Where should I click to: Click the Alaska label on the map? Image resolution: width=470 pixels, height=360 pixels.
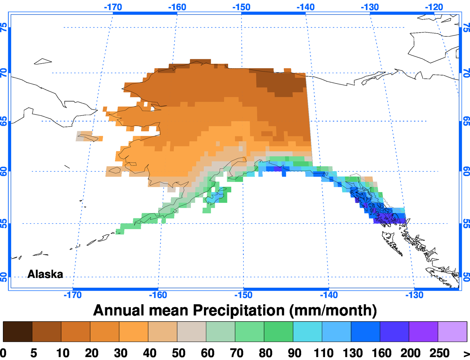point(45,274)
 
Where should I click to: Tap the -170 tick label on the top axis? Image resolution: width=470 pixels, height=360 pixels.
point(113,7)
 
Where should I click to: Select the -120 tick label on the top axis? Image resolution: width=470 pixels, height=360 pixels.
point(434,7)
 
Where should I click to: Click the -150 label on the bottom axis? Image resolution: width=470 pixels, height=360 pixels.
point(243,295)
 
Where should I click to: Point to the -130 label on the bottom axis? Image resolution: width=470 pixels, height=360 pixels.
point(414,295)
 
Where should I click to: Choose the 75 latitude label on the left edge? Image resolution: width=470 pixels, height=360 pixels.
point(4,27)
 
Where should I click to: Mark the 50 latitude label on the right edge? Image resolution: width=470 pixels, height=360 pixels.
point(466,277)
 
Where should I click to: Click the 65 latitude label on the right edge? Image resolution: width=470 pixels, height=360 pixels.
point(466,121)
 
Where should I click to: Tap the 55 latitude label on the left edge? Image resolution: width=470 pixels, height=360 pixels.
point(4,224)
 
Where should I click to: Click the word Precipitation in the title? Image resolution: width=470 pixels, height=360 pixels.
point(239,310)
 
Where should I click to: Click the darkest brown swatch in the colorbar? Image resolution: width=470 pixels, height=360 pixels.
point(18,331)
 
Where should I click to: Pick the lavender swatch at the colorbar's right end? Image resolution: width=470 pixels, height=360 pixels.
point(452,331)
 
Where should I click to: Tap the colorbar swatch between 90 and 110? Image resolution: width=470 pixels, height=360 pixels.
point(307,331)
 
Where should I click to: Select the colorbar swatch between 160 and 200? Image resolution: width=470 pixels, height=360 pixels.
point(394,331)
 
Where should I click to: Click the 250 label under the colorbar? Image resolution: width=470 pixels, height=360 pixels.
point(439,353)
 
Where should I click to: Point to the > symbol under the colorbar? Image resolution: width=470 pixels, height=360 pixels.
point(466,353)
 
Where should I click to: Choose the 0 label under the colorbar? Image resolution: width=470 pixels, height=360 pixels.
point(3,353)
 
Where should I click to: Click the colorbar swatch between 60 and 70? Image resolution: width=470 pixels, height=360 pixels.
point(221,331)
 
